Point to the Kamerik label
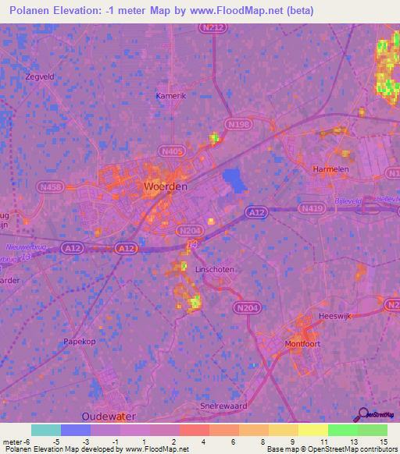[171, 95]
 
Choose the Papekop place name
[80, 342]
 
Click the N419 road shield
[314, 208]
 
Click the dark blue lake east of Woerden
[233, 180]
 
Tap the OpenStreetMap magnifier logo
[362, 414]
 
